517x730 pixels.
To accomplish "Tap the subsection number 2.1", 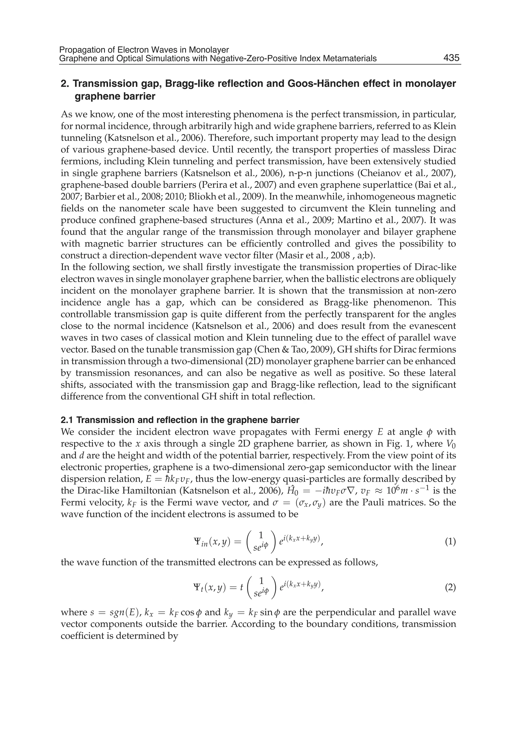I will coord(67,420).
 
